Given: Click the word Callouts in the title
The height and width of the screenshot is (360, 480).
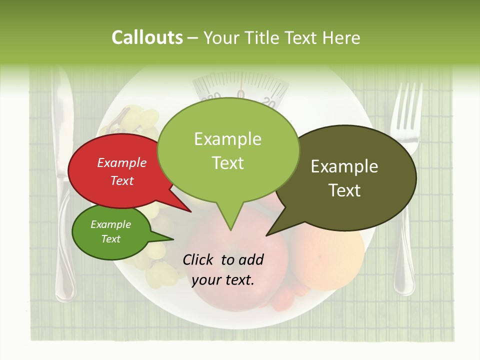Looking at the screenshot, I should click(x=147, y=37).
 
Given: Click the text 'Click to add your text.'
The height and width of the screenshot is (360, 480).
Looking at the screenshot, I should click(x=223, y=269).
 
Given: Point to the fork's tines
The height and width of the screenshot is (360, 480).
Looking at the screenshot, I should click(x=406, y=107).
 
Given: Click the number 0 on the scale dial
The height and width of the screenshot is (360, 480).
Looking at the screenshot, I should click(x=241, y=95).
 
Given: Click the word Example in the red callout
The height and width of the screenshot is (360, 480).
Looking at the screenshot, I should click(x=122, y=162).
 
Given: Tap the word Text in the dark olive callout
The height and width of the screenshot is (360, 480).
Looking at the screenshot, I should click(x=344, y=190).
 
